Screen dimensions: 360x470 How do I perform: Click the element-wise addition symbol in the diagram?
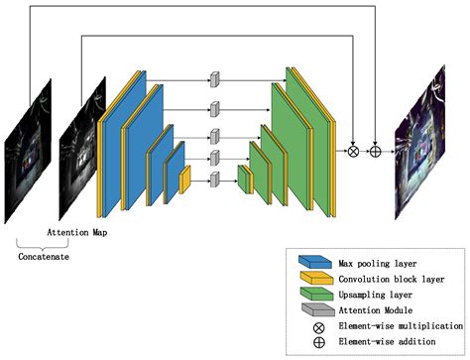(376, 152)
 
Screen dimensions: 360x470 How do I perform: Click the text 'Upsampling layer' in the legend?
(376, 295)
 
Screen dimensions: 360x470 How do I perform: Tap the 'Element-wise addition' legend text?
(394, 343)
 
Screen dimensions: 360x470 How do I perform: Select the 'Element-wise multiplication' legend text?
(401, 326)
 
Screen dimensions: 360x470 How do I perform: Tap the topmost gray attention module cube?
(214, 77)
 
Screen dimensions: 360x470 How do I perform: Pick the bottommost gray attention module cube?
(214, 179)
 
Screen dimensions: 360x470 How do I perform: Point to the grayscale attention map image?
(81, 149)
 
